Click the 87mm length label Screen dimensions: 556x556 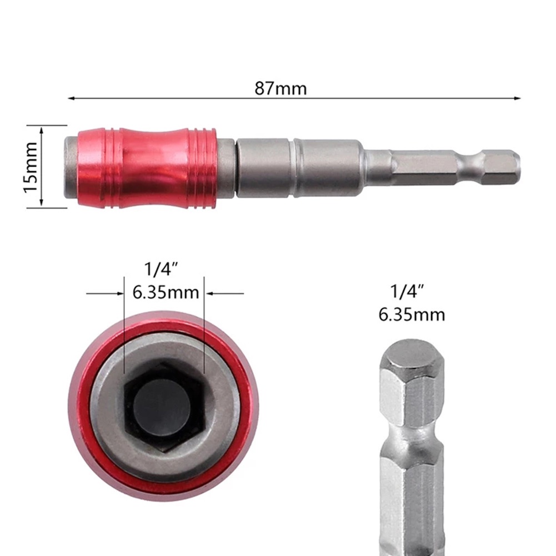(x=280, y=88)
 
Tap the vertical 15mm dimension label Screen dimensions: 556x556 (x=31, y=167)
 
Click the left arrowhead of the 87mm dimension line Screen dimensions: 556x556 (x=71, y=99)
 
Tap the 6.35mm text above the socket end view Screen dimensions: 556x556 (x=166, y=293)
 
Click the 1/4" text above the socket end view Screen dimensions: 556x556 (x=161, y=270)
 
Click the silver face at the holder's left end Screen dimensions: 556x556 (x=70, y=167)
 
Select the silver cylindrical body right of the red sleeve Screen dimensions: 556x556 (x=300, y=167)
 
